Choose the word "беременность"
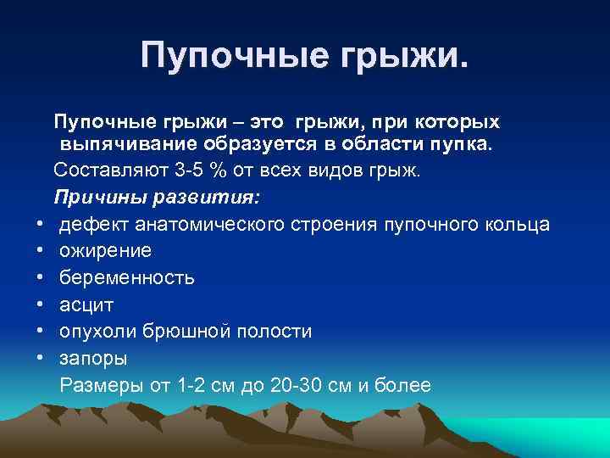127,277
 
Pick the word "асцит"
86,304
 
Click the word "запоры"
93,358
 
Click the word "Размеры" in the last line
101,385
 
